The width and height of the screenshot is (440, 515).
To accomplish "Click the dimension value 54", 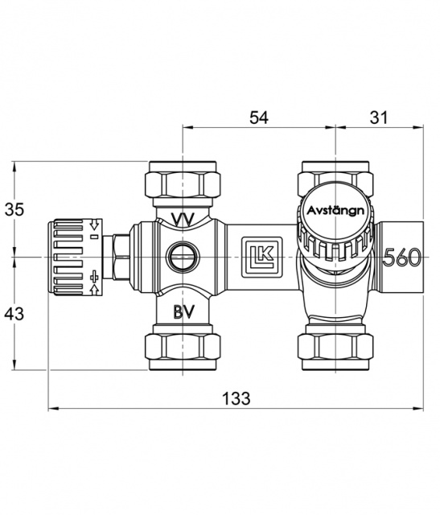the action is [x=259, y=117].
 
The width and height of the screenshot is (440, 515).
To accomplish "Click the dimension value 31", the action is [x=379, y=117].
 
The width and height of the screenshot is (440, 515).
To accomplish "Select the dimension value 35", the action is [x=14, y=209].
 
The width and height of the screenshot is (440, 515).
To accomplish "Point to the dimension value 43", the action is [x=14, y=314].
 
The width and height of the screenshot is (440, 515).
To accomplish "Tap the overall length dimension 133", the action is [x=236, y=398].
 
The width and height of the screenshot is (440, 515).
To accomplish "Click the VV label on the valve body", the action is [x=183, y=219].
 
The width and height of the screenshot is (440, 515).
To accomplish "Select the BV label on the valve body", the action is [x=184, y=311].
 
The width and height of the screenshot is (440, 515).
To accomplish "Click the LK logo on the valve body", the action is [x=262, y=257].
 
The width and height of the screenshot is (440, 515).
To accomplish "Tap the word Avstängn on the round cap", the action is [x=335, y=211].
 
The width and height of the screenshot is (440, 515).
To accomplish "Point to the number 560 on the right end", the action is [x=402, y=257].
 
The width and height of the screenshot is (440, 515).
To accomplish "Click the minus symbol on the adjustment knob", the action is [x=95, y=237].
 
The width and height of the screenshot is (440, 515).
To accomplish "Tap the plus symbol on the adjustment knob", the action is [x=95, y=277].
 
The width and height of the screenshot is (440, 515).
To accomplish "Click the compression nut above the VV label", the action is [x=183, y=179].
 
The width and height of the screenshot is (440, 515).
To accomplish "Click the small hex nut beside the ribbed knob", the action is [x=121, y=257].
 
